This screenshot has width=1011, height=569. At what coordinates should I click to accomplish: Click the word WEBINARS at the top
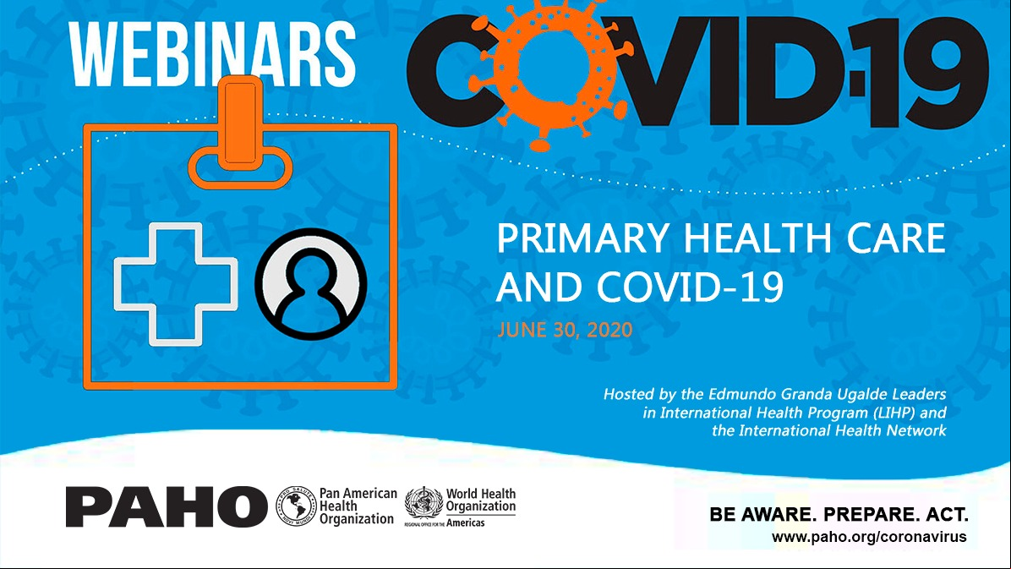(x=212, y=54)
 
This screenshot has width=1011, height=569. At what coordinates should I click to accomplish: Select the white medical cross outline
(x=175, y=284)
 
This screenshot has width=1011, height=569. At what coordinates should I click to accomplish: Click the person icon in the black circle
(x=311, y=284)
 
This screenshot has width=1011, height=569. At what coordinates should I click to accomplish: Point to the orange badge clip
(x=240, y=132)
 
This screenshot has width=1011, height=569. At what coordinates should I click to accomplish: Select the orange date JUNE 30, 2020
(x=565, y=330)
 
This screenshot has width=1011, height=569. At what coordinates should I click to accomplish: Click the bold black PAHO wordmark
(x=167, y=506)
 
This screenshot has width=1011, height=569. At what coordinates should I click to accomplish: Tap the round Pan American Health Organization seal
(x=297, y=506)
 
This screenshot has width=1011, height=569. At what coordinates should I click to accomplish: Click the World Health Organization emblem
(x=424, y=503)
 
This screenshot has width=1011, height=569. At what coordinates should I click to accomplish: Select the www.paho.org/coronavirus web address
(x=869, y=537)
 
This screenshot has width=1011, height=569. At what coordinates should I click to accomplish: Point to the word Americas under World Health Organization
(x=466, y=522)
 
